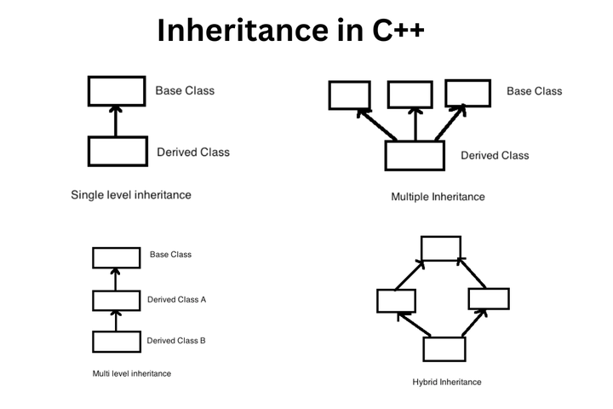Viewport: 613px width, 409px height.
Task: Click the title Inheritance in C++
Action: coord(290,30)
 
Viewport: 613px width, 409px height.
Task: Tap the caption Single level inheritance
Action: coord(131,195)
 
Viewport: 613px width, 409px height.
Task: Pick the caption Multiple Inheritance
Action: coord(438,197)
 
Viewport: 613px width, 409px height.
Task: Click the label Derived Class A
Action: coord(177,300)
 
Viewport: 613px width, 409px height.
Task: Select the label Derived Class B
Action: coord(176,341)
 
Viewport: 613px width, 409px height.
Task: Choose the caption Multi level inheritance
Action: coord(132,374)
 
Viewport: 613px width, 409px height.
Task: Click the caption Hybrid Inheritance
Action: coord(447,382)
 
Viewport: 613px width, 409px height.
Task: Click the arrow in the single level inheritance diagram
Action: coord(116,121)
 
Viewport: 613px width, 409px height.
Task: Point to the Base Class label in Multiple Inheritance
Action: coord(535,91)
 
